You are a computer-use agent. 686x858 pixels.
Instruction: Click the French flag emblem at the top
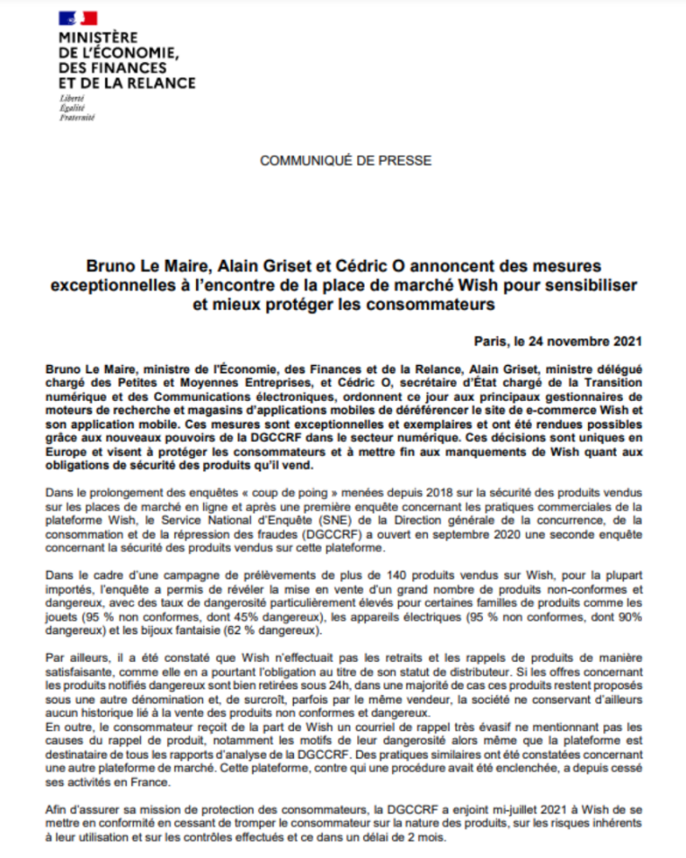point(78,17)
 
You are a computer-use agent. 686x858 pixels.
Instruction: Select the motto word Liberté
point(72,97)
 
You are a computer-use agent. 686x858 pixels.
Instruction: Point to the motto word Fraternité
point(76,117)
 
